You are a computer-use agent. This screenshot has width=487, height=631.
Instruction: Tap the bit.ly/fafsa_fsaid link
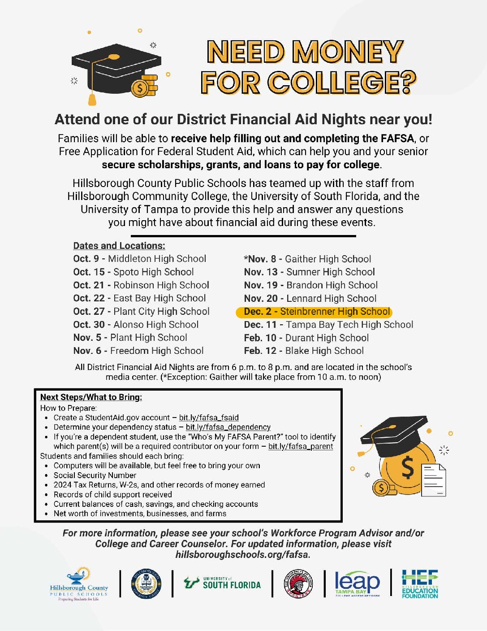coord(209,418)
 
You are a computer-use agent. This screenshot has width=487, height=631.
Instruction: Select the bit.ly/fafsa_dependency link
coord(228,427)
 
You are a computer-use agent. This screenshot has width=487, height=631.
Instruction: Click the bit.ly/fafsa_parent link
coord(301,447)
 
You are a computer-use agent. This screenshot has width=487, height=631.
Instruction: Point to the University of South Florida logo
coord(222,583)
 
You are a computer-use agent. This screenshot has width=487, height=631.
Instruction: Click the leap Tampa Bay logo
coord(357,583)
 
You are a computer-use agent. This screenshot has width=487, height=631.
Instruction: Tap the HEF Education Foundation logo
coord(420,583)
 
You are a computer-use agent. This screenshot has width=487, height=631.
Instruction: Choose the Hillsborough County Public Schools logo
coord(79,584)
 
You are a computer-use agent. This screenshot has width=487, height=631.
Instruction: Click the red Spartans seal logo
coord(298,583)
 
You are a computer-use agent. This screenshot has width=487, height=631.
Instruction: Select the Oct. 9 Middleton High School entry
coord(140,259)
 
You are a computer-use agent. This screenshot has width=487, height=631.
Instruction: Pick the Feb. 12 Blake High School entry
coord(304,351)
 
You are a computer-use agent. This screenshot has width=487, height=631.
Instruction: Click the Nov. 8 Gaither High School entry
coord(308,259)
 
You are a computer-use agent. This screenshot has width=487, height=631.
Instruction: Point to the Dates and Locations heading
coord(119,246)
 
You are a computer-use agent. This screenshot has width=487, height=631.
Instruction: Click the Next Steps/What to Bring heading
coord(91,397)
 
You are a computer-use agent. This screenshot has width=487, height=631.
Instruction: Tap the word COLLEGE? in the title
coord(342,83)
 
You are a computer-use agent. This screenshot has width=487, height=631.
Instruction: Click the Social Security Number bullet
coord(95,475)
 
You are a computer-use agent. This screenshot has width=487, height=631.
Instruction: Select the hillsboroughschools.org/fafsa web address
coord(243,555)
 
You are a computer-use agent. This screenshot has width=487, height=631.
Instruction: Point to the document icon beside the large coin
coord(434,481)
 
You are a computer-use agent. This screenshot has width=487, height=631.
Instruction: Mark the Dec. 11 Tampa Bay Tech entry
coord(328,325)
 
